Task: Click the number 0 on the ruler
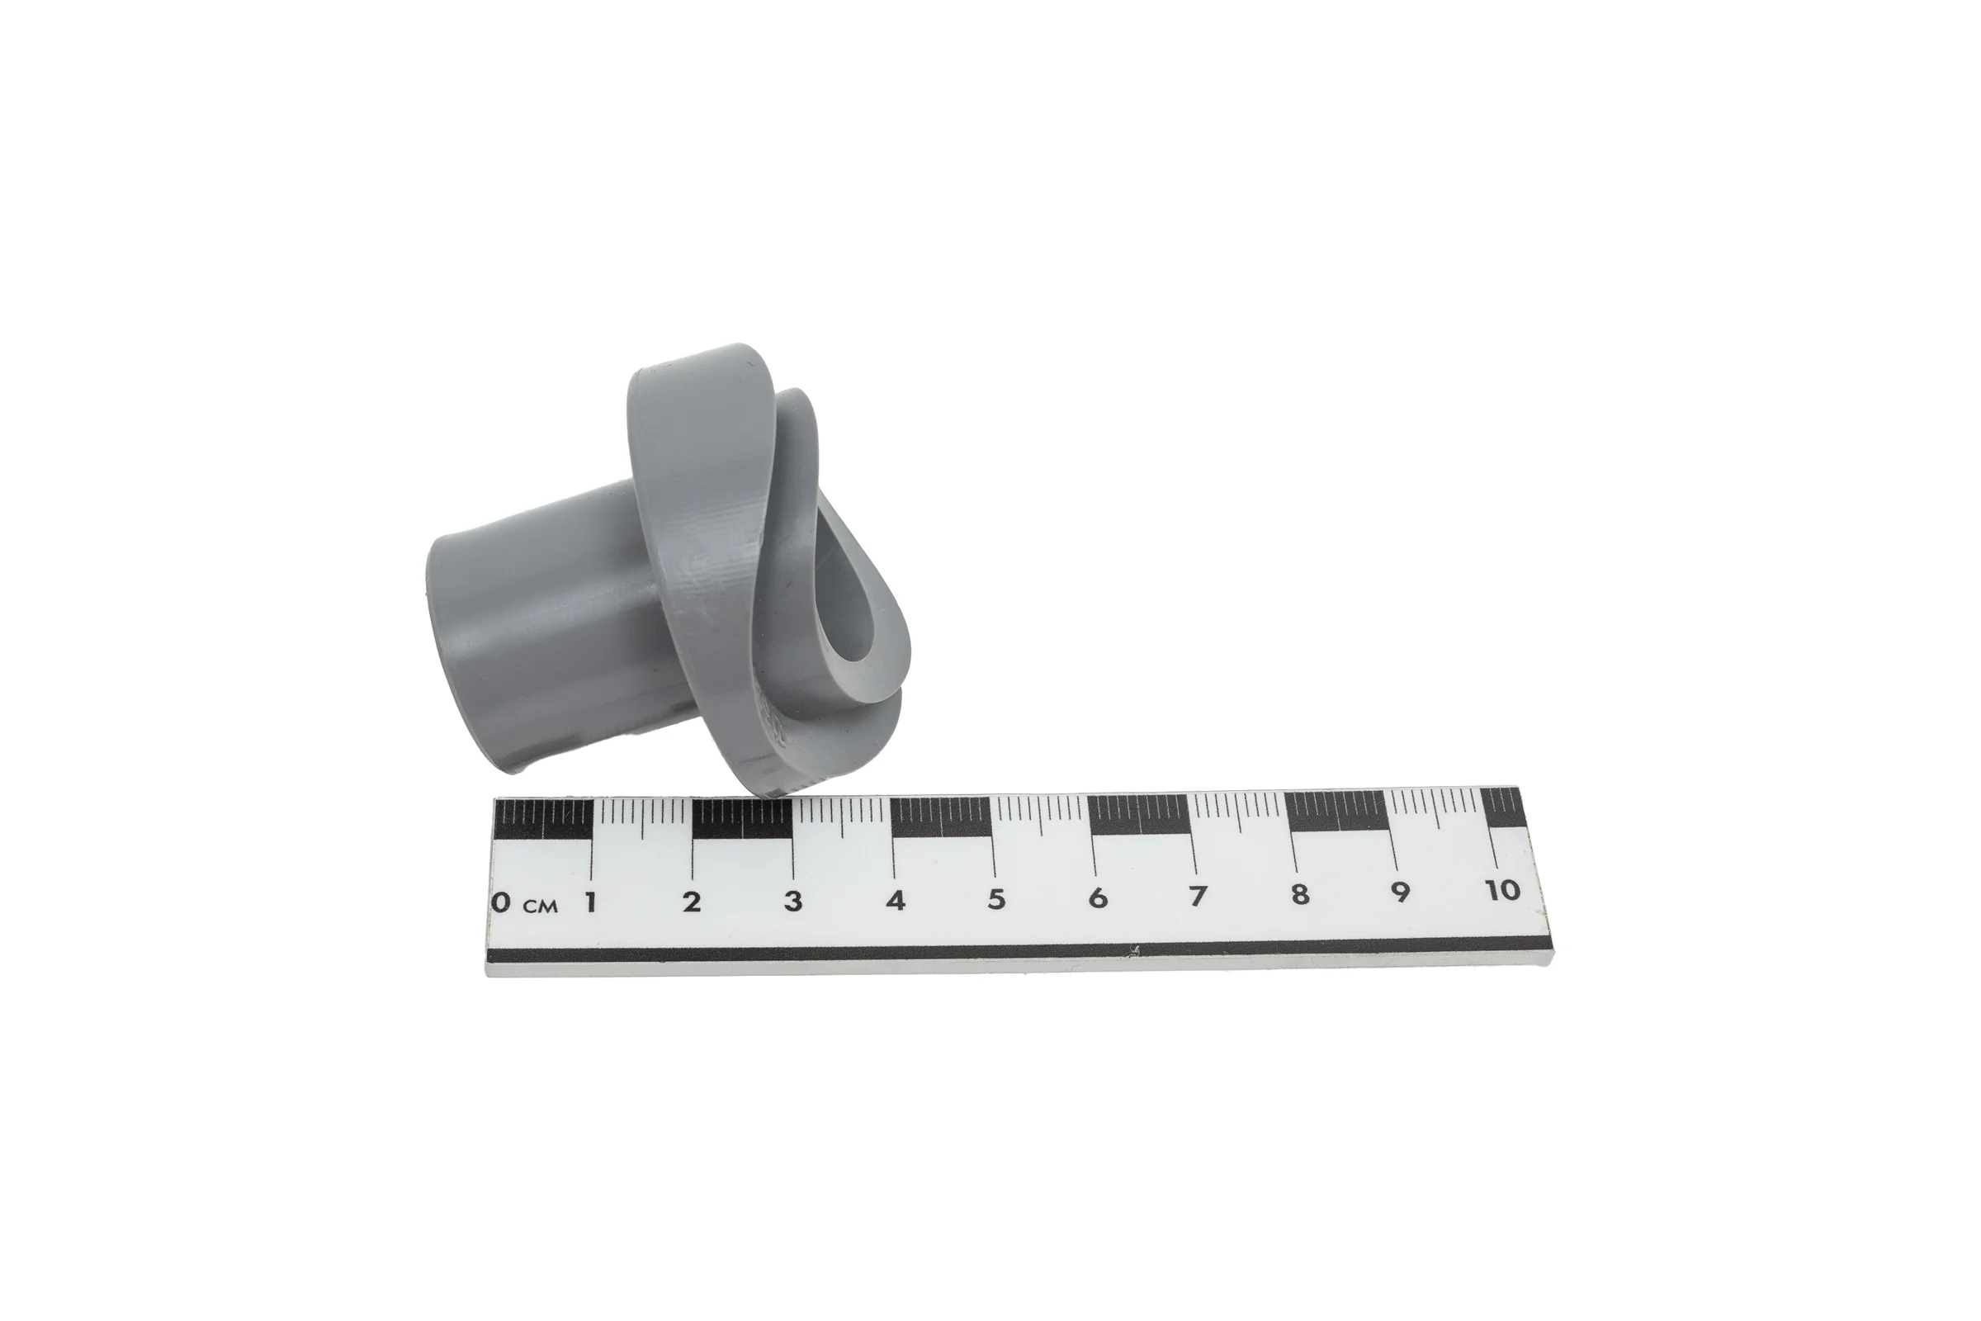pyautogui.click(x=501, y=903)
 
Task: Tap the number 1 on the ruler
pyautogui.click(x=591, y=902)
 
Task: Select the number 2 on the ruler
pyautogui.click(x=692, y=902)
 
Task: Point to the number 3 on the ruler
pyautogui.click(x=792, y=901)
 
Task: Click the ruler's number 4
pyautogui.click(x=896, y=900)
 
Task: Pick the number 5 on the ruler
pyautogui.click(x=996, y=899)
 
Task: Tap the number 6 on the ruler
pyautogui.click(x=1098, y=897)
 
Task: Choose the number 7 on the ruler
pyautogui.click(x=1198, y=896)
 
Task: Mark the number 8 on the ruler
pyautogui.click(x=1301, y=893)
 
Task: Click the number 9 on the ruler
pyautogui.click(x=1401, y=892)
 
